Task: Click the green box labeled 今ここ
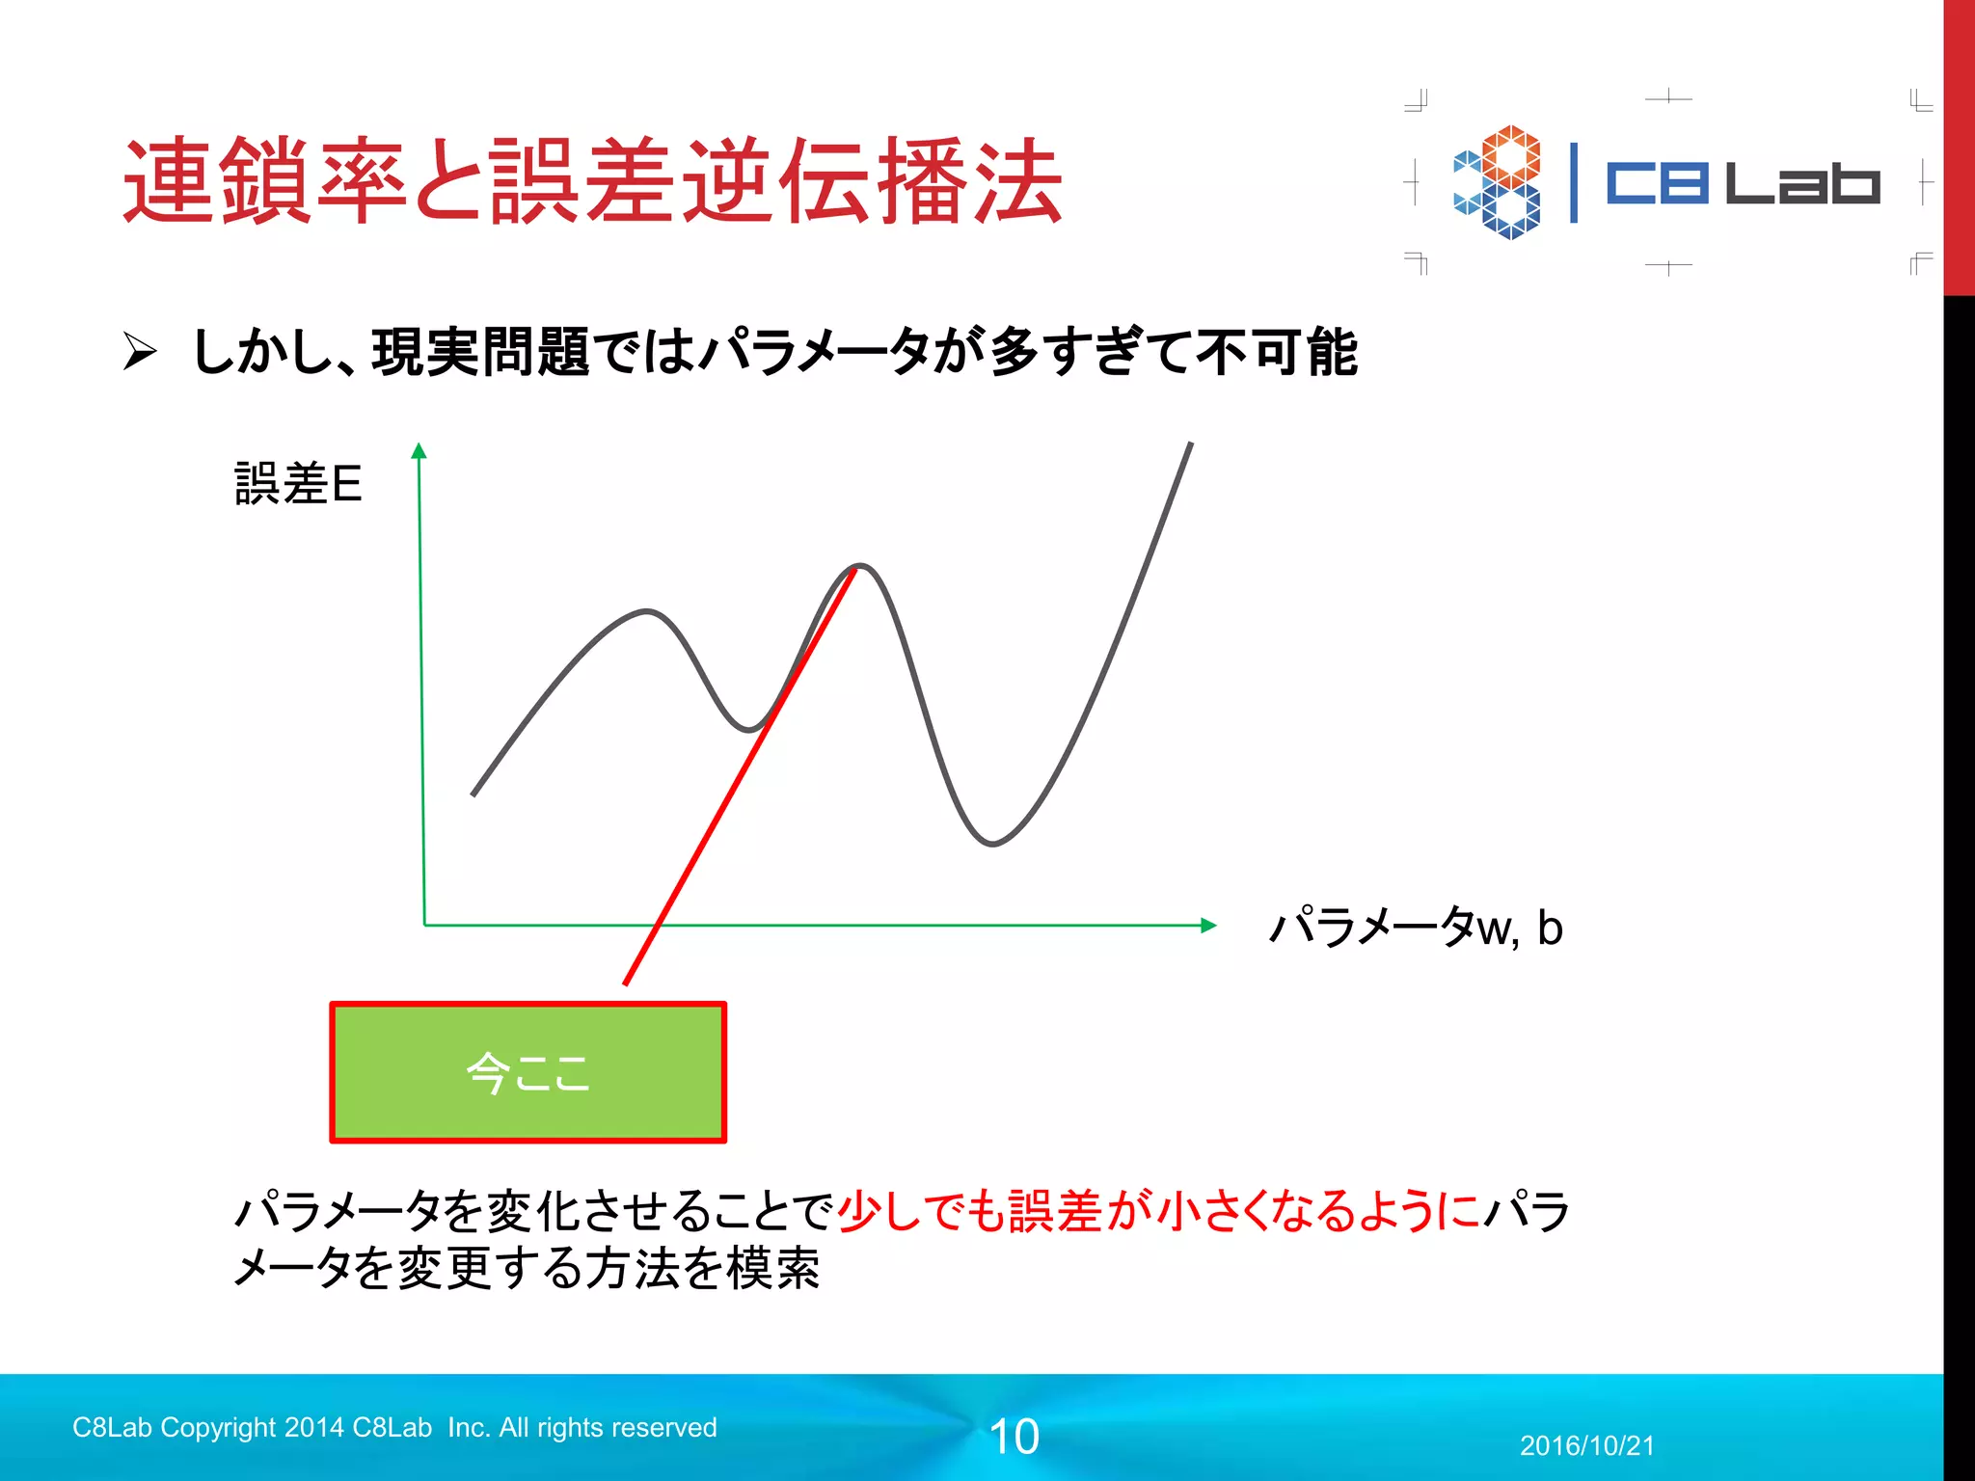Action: pyautogui.click(x=528, y=1072)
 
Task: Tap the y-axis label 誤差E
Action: pyautogui.click(x=298, y=483)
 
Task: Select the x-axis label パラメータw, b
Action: pyautogui.click(x=1416, y=928)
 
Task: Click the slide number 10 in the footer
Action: pyautogui.click(x=1015, y=1437)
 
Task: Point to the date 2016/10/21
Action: pyautogui.click(x=1586, y=1445)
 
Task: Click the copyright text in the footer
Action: pyautogui.click(x=394, y=1427)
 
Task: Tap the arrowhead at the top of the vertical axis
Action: pyautogui.click(x=419, y=450)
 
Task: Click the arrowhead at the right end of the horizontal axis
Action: pyautogui.click(x=1209, y=926)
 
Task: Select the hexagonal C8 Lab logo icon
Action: pyautogui.click(x=1498, y=182)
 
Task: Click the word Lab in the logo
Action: pyautogui.click(x=1801, y=182)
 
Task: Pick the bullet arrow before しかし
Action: pyautogui.click(x=140, y=351)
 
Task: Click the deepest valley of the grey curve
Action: pyautogui.click(x=992, y=844)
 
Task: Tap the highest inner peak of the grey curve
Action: pyautogui.click(x=860, y=566)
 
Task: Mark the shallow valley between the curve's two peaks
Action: pyautogui.click(x=749, y=730)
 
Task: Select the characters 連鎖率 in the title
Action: pyautogui.click(x=265, y=181)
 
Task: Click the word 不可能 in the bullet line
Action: pyautogui.click(x=1276, y=352)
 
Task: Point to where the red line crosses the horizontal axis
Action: pyautogui.click(x=658, y=926)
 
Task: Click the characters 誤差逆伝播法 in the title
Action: pyautogui.click(x=776, y=181)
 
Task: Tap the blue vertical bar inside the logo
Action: pyautogui.click(x=1574, y=182)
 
